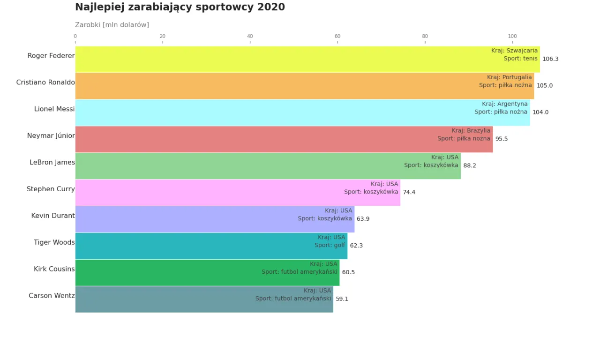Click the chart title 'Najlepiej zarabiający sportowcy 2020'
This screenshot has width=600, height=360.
180,7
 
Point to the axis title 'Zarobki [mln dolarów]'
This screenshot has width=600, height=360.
112,25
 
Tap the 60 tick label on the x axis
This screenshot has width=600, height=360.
337,36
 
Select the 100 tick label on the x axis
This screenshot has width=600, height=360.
512,36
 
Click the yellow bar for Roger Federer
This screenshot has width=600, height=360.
281,60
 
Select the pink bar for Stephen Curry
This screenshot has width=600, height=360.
211,193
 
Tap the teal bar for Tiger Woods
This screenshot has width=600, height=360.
187,246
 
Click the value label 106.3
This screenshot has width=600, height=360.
550,59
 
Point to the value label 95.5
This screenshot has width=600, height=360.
502,139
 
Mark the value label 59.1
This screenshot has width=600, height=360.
342,299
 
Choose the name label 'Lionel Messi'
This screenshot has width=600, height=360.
54,109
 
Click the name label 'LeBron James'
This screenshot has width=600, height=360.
52,163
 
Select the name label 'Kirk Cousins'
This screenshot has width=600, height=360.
54,269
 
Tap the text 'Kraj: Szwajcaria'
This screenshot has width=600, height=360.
514,51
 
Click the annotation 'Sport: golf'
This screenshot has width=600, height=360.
330,245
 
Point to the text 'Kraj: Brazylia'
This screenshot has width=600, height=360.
471,131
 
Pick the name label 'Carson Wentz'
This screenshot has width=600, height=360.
52,296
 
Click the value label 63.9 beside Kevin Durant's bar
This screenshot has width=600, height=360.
363,219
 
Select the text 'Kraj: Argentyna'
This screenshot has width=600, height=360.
504,104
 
